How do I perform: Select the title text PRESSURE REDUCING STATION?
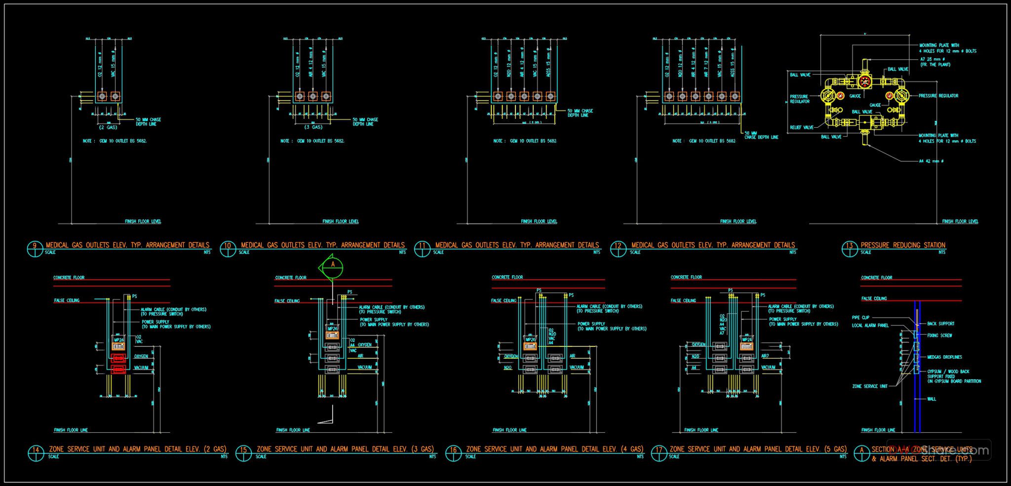903,245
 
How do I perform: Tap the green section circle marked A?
333,267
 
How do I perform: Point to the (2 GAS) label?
108,127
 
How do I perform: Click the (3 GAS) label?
313,127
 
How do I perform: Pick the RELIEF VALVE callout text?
801,127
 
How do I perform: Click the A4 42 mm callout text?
931,161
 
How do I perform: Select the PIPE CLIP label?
860,318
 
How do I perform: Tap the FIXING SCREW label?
939,336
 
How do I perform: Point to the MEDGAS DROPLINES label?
944,357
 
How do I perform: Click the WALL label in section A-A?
932,399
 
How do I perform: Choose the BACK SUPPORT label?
940,324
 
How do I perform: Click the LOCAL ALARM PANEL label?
870,326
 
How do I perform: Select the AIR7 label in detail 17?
765,356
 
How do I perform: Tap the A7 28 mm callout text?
932,59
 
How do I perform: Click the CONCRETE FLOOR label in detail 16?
507,277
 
